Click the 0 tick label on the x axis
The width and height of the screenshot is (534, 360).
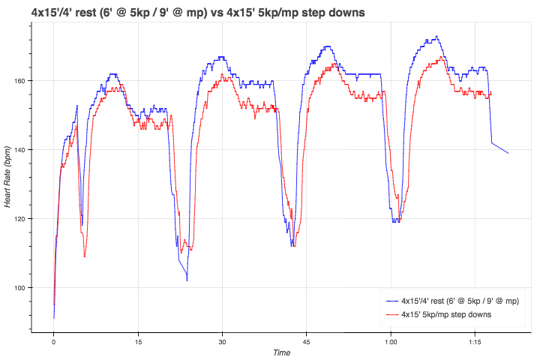53,342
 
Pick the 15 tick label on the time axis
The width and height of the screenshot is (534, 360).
138,342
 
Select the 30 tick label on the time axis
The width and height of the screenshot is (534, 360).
222,342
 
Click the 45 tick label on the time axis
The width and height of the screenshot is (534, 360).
306,342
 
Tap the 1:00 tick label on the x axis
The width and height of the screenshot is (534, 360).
391,342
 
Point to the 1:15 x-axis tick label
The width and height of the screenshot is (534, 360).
475,342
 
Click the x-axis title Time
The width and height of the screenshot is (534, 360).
281,352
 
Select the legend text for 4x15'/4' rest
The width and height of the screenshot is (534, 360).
460,301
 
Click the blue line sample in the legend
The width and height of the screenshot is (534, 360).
390,301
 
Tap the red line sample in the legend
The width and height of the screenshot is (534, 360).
390,314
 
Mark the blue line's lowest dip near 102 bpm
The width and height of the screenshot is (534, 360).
187,280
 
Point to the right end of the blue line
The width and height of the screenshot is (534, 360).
508,153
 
